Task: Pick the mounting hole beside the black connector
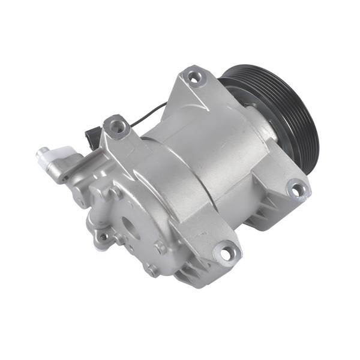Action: pyautogui.click(x=116, y=126)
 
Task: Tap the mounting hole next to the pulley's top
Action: pyautogui.click(x=194, y=76)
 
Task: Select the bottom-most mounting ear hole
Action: pyautogui.click(x=226, y=254)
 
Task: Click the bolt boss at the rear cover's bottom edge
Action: pyautogui.click(x=152, y=270)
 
